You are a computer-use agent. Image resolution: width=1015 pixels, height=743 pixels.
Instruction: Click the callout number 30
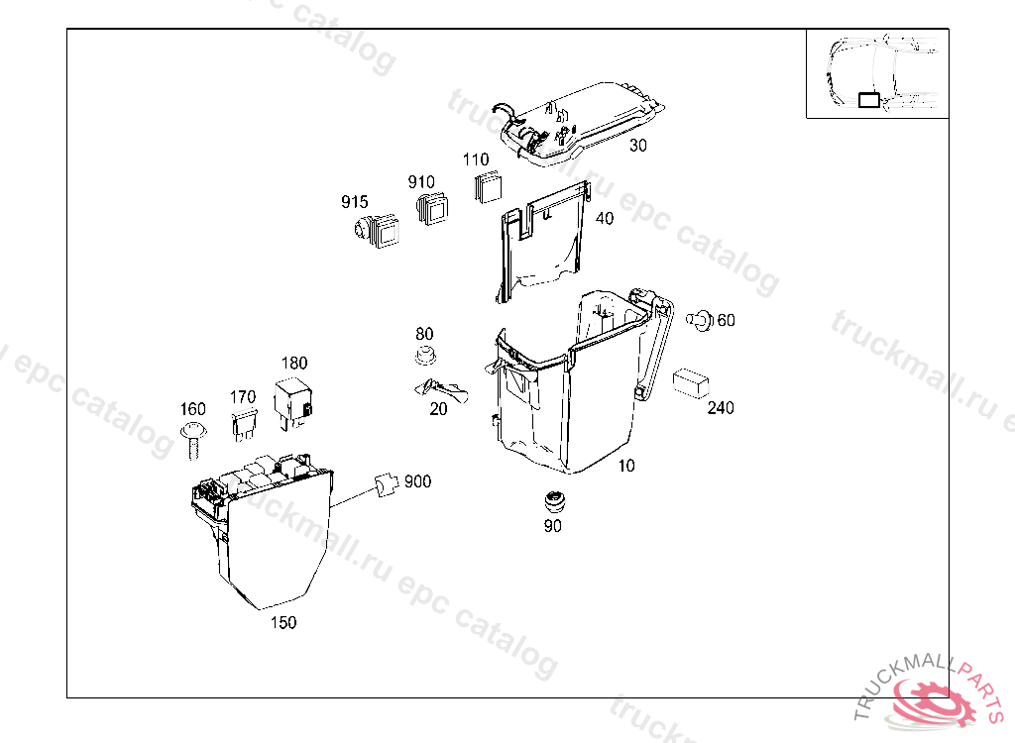(x=637, y=145)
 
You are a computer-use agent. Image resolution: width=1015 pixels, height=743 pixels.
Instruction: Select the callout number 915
(x=354, y=202)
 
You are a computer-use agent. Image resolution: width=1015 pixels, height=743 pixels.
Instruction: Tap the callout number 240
(x=721, y=407)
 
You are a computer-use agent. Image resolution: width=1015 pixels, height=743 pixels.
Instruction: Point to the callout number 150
(x=283, y=622)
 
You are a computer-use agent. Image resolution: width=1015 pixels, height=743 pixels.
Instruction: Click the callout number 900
(x=417, y=481)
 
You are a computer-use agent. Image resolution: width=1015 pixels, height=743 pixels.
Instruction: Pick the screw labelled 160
(x=192, y=439)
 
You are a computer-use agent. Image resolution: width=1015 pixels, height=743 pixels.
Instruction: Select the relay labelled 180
(x=294, y=397)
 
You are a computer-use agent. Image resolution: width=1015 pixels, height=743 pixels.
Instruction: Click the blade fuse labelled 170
(x=243, y=426)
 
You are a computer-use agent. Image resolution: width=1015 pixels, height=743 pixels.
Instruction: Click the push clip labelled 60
(x=700, y=320)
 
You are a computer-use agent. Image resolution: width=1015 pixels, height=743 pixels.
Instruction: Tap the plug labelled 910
(x=432, y=208)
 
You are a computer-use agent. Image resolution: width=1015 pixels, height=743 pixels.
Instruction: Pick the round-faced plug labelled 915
(x=377, y=232)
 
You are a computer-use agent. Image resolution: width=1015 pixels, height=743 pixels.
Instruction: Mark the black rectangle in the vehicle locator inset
(x=868, y=99)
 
